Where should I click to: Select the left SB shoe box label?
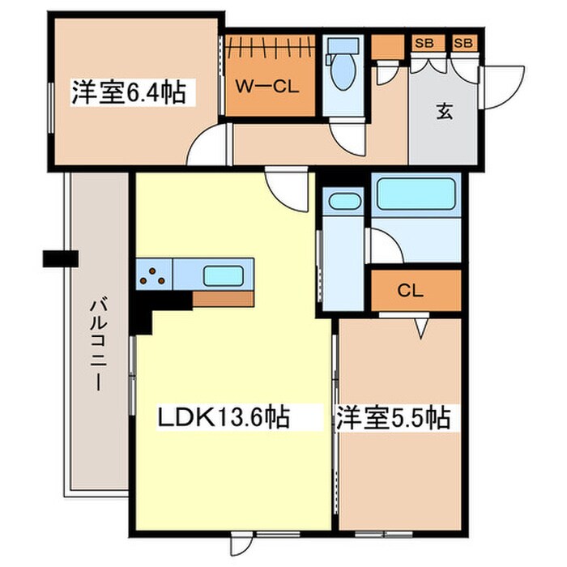424,43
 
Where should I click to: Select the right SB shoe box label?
464,43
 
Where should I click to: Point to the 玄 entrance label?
445,113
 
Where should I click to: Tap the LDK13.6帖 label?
224,419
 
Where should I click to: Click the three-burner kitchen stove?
153,275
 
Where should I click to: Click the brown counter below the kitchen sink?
223,299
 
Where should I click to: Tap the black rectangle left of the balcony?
61,259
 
